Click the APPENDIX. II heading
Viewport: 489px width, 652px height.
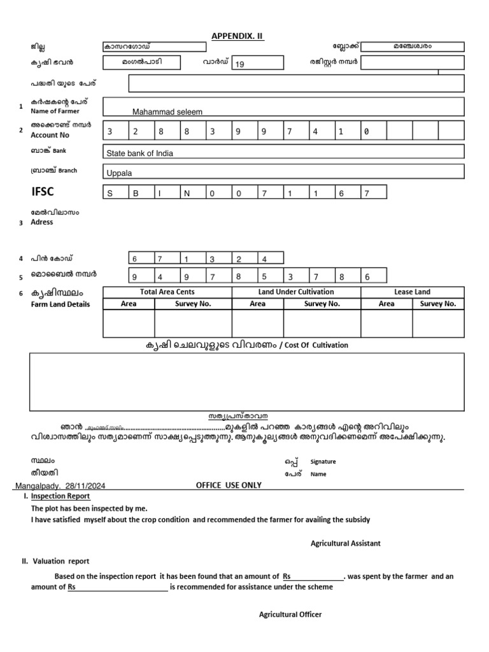pyautogui.click(x=237, y=36)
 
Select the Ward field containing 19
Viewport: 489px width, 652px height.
pyautogui.click(x=258, y=64)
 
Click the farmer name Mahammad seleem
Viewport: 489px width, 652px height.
pyautogui.click(x=167, y=111)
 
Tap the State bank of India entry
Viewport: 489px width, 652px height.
pyautogui.click(x=139, y=153)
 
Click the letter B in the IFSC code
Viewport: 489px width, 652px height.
pyautogui.click(x=135, y=194)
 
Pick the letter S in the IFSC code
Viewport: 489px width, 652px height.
pyautogui.click(x=109, y=194)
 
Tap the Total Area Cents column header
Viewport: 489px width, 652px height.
pyautogui.click(x=167, y=292)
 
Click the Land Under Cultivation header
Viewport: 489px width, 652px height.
pyautogui.click(x=296, y=292)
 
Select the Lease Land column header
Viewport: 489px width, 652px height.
pyautogui.click(x=413, y=292)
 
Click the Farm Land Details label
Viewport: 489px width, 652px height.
pyautogui.click(x=60, y=304)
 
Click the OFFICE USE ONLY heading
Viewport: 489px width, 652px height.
pyautogui.click(x=229, y=485)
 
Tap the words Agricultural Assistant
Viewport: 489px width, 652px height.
pyautogui.click(x=345, y=543)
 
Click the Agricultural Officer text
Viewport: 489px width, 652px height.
pyautogui.click(x=290, y=614)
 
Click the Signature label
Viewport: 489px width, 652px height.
pyautogui.click(x=323, y=462)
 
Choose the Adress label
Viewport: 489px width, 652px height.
pyautogui.click(x=42, y=222)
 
